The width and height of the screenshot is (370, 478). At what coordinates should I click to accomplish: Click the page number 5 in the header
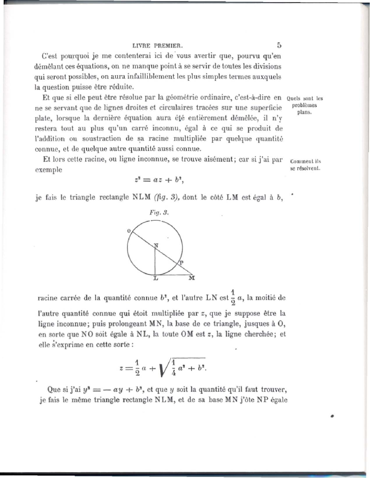(279, 45)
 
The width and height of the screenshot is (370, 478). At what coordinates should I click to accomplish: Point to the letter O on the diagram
(128, 230)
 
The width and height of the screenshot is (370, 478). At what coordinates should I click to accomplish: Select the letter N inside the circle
(156, 245)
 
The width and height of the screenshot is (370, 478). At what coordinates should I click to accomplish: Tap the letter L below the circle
(156, 279)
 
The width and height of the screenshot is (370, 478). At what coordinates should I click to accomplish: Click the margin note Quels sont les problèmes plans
(305, 104)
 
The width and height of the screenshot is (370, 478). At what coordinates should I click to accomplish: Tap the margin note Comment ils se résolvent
(305, 165)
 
